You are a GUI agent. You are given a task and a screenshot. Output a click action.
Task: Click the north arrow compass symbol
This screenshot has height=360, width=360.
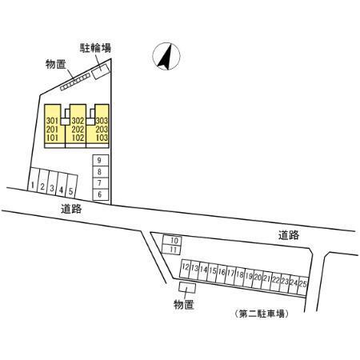pyautogui.click(x=166, y=56)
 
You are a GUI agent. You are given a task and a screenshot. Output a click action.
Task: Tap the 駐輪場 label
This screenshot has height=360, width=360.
pyautogui.click(x=95, y=48)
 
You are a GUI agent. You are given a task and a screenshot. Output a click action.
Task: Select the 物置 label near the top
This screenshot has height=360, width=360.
pyautogui.click(x=55, y=64)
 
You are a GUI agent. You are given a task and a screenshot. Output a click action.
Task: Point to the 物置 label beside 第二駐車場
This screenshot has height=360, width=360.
pyautogui.click(x=184, y=304)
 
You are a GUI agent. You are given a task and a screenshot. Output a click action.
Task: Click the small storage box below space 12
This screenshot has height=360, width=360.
pyautogui.click(x=187, y=288)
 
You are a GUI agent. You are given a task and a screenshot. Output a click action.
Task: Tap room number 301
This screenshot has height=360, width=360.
pyautogui.click(x=52, y=121)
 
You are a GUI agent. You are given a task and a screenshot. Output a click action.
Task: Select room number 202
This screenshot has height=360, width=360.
pyautogui.click(x=78, y=130)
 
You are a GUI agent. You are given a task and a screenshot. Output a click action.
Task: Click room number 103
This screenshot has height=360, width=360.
pyautogui.click(x=102, y=138)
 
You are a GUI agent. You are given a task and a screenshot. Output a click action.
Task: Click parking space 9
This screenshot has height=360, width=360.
pyautogui.click(x=101, y=160)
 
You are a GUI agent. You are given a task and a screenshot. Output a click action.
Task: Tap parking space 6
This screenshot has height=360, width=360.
pyautogui.click(x=101, y=194)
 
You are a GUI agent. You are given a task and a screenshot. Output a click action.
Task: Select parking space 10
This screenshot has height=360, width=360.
pyautogui.click(x=172, y=240)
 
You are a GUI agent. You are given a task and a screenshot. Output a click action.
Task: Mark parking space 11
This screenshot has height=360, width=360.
pyautogui.click(x=172, y=250)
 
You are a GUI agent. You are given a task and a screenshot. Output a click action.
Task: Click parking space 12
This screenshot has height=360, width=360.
pyautogui.click(x=185, y=268)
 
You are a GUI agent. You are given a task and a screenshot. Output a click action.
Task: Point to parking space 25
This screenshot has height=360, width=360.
pyautogui.click(x=303, y=285)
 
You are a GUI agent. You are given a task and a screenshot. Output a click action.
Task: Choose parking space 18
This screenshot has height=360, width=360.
pyautogui.click(x=239, y=276)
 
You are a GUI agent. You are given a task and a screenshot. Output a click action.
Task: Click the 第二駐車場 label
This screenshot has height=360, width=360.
pyautogui.click(x=262, y=314)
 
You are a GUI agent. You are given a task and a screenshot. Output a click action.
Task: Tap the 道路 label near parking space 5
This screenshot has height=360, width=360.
pyautogui.click(x=71, y=209)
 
